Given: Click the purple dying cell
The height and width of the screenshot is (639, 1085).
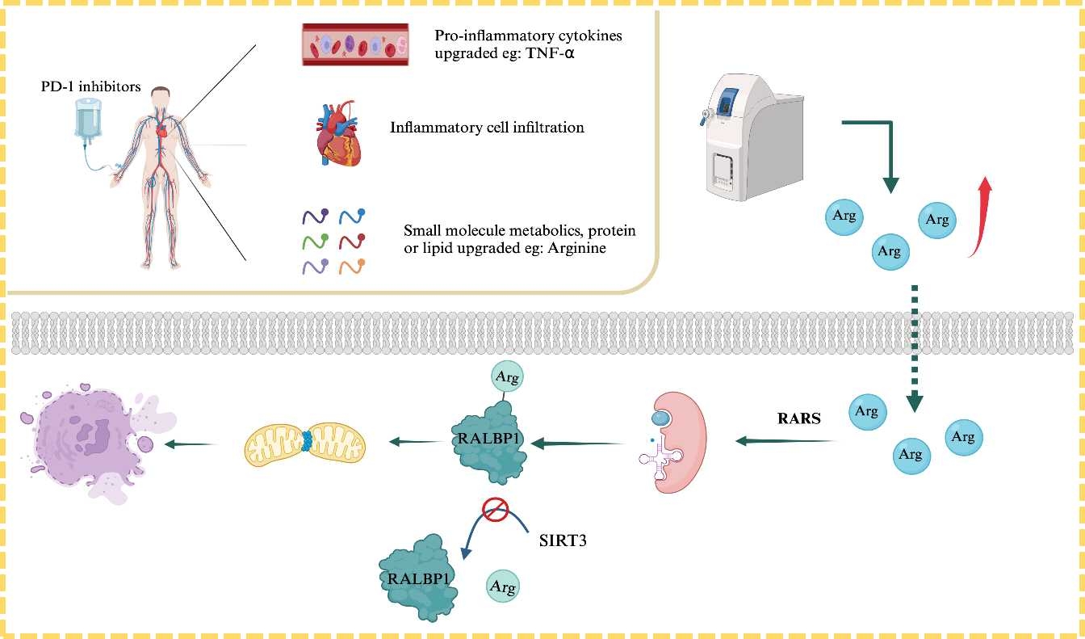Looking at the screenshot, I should [94, 441].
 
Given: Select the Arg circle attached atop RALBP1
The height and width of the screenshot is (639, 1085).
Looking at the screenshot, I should [507, 377].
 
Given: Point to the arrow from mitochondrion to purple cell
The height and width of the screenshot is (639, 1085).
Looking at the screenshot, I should [193, 444].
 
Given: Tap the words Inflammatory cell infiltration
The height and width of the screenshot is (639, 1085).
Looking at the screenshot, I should [487, 128].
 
